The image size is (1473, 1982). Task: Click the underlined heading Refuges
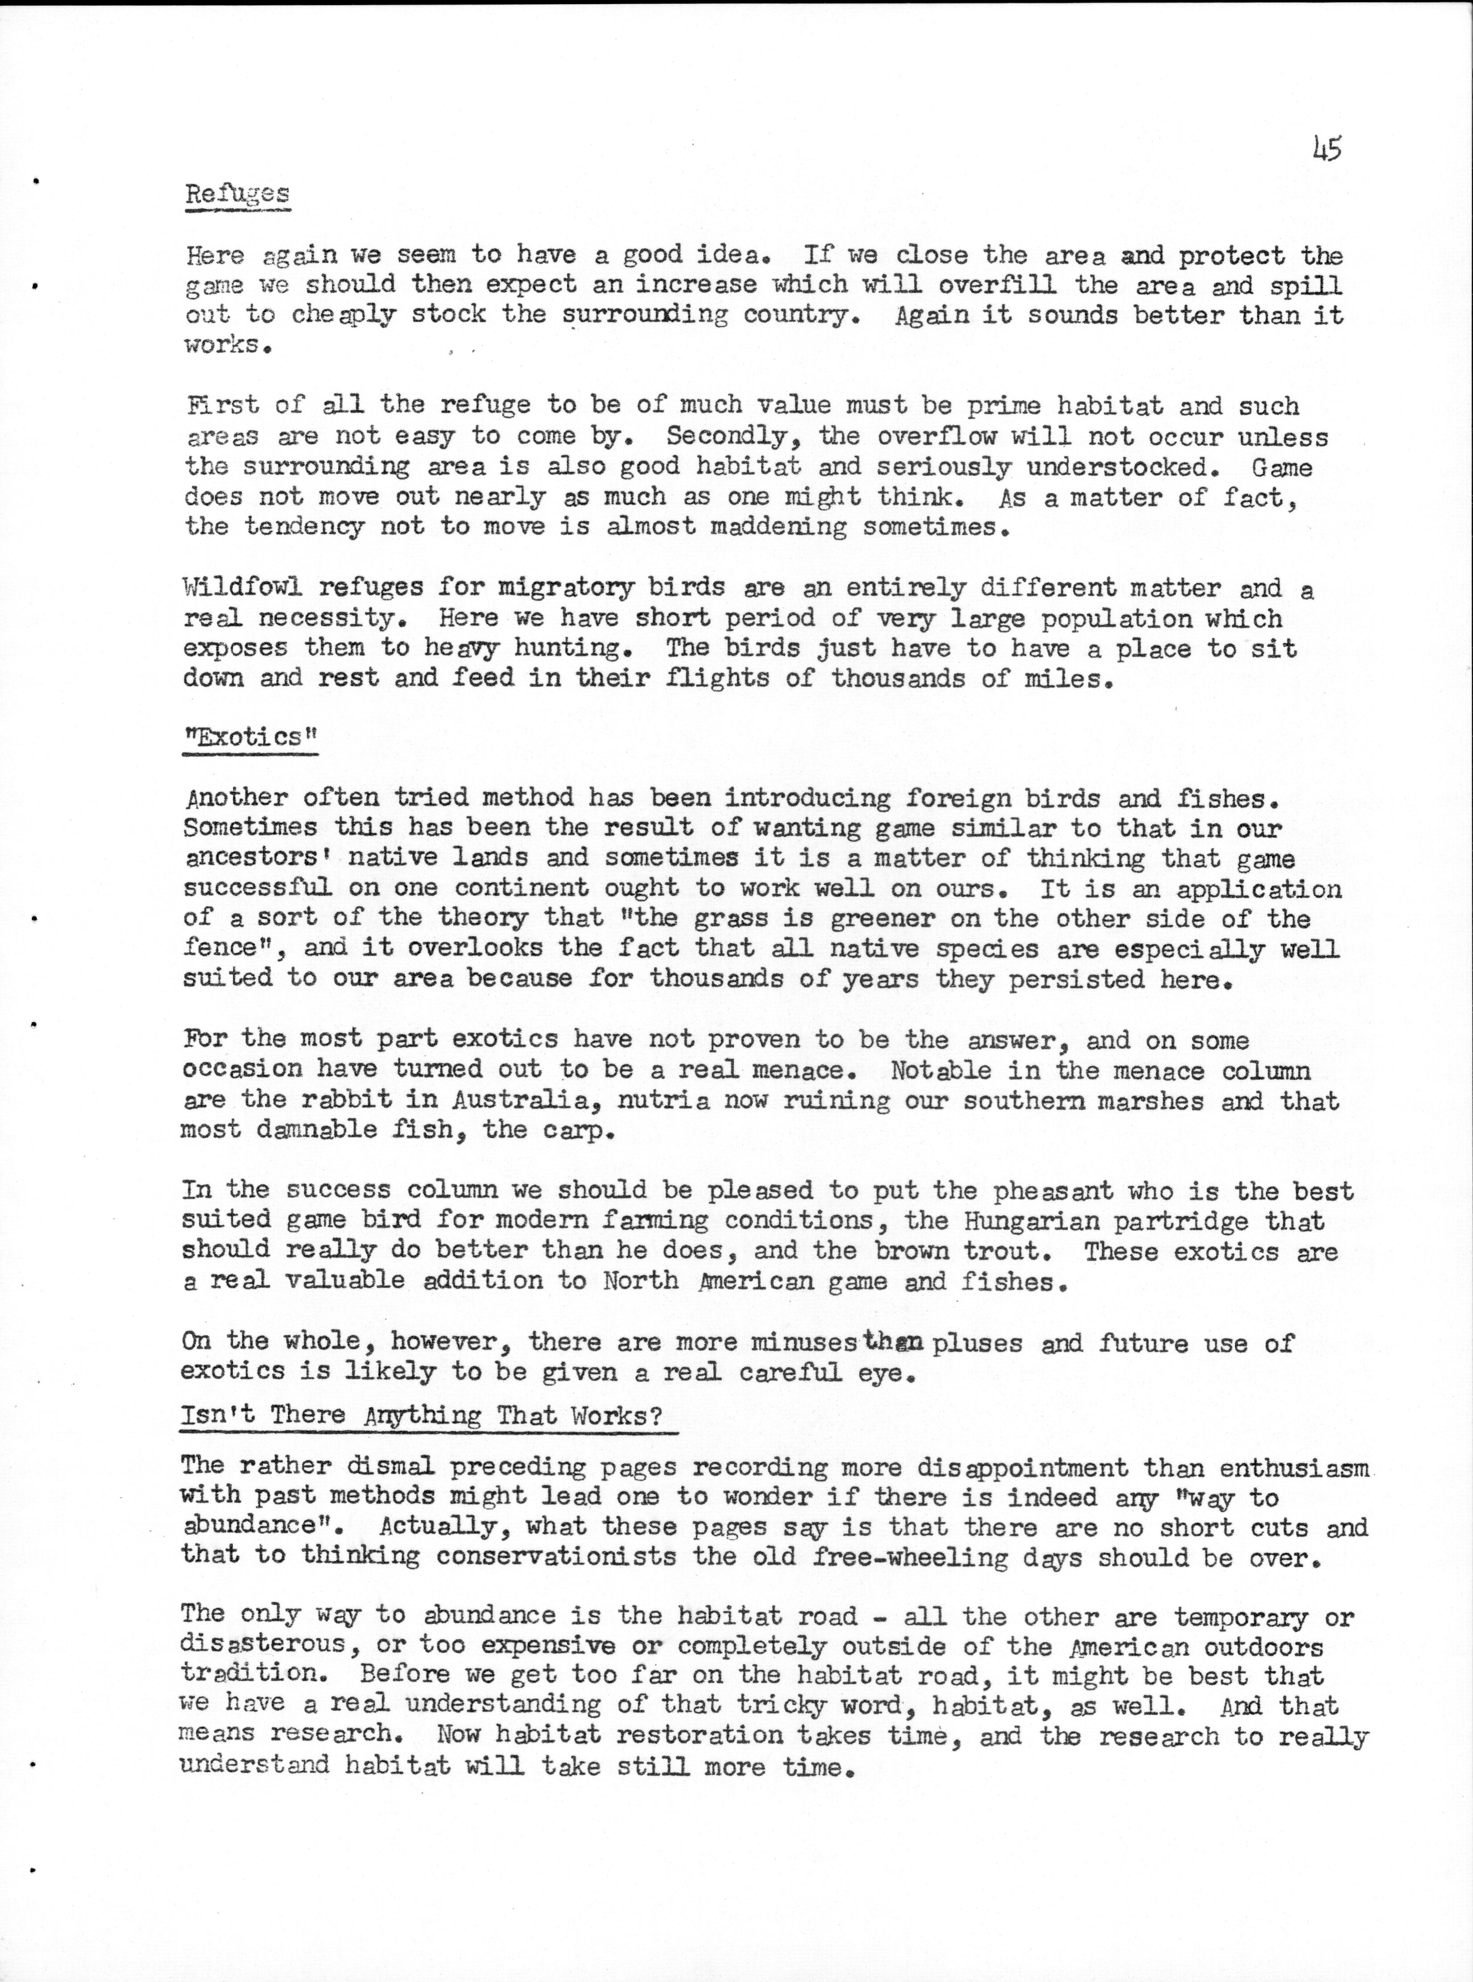point(237,195)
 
